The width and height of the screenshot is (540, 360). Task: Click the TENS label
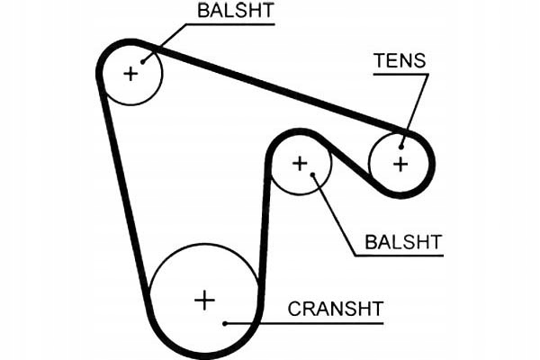pos(400,60)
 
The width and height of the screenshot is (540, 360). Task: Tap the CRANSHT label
pos(336,309)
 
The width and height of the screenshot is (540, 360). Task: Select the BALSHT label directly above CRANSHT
pos(403,242)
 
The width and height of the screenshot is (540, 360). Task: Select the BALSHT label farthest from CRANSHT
pos(236,10)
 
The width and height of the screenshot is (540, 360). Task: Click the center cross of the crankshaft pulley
pos(204,301)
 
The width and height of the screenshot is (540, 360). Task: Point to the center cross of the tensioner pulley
pos(400,164)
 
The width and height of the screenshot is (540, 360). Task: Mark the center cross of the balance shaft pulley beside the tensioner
pos(300,163)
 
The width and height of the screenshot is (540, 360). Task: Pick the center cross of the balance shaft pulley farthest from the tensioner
pos(130,74)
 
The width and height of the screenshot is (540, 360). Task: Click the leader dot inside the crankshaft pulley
pos(224,323)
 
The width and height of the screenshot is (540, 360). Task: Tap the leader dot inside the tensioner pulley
pos(401,148)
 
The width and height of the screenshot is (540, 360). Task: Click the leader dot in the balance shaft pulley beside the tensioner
pos(312,175)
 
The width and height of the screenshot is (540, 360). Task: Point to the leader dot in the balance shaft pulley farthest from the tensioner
pos(142,62)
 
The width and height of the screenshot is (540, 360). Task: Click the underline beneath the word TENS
pos(400,74)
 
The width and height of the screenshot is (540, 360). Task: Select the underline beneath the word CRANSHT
pos(304,323)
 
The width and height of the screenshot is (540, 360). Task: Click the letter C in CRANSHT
pos(294,309)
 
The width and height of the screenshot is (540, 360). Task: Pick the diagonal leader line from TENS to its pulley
pos(415,111)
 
